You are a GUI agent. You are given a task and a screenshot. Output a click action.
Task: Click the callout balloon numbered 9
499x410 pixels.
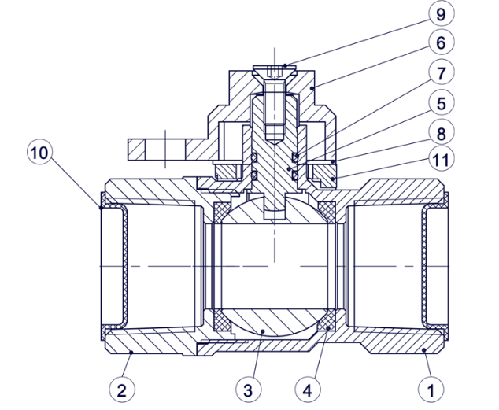coord(441,13)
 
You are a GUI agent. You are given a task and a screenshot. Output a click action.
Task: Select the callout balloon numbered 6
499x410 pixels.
coord(441,42)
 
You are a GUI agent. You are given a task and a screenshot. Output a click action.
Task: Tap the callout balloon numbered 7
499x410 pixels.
coord(441,73)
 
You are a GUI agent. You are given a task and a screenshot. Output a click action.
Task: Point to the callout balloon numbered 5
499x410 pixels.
coord(441,103)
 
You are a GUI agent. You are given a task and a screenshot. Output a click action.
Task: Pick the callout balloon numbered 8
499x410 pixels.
coord(441,132)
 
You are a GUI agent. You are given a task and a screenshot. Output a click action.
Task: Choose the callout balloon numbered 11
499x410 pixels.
coord(441,159)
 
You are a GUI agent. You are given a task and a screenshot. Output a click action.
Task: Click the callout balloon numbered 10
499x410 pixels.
coord(39,152)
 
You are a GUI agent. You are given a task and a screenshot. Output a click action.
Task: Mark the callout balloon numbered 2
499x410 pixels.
coord(122,390)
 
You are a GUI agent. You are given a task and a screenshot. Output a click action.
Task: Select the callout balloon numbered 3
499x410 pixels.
coord(249,390)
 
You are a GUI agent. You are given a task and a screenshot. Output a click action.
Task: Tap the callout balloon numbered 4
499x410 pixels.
coord(308,390)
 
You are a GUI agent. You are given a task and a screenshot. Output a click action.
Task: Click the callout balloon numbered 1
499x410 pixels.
coord(431,390)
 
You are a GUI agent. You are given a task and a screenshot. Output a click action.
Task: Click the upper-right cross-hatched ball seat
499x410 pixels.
coord(327,212)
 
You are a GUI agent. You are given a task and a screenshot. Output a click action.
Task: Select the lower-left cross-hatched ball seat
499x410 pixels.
coord(223,320)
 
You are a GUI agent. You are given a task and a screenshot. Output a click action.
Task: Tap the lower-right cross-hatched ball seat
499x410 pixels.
coord(327,320)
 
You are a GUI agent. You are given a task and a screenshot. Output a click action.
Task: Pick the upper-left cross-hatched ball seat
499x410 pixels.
coord(223,212)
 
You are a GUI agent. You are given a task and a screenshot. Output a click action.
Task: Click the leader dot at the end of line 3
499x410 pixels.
coord(263,331)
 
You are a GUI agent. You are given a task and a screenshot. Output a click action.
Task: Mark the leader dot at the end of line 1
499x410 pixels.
coord(424,350)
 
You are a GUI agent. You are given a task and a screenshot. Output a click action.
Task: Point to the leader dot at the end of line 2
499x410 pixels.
coord(131,352)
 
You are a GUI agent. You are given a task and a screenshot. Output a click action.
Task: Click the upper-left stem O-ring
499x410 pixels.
coord(254,157)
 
